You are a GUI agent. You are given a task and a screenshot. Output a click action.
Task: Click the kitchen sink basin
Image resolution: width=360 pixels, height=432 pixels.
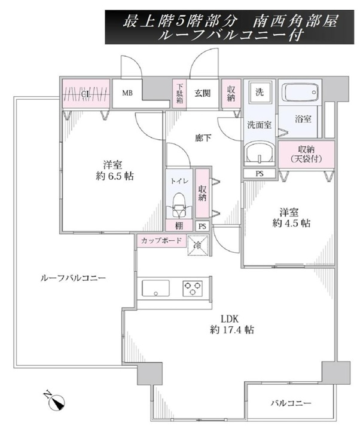pyautogui.click(x=155, y=288)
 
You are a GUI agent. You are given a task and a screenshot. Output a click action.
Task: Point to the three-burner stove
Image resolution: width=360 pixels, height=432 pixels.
pyautogui.click(x=193, y=289)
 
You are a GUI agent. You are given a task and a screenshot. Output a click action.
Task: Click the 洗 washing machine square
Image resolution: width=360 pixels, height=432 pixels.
pyautogui.click(x=260, y=93)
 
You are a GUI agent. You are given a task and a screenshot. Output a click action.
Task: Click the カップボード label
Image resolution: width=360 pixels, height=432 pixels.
pyautogui.click(x=161, y=241)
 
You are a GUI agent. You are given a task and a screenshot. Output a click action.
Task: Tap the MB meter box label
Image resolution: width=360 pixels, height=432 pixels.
pyautogui.click(x=127, y=93)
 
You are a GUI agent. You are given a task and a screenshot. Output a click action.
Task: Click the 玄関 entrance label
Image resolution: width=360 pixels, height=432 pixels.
pyautogui.click(x=203, y=93)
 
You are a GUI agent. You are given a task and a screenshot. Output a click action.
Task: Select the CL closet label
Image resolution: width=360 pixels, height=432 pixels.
pyautogui.click(x=86, y=94)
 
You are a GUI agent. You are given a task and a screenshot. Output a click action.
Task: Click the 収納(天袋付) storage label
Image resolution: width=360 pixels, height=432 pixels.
pyautogui.click(x=306, y=154)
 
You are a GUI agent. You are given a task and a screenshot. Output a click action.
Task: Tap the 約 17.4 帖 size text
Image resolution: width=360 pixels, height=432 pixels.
pyautogui.click(x=232, y=329)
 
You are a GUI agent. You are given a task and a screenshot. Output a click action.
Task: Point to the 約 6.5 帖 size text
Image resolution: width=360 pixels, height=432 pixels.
pyautogui.click(x=114, y=176)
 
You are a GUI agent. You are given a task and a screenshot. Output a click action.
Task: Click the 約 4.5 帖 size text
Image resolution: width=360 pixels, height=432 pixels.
pyautogui.click(x=291, y=223)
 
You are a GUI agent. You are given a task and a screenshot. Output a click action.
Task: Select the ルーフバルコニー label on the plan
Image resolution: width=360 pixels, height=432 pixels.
pyautogui.click(x=73, y=278)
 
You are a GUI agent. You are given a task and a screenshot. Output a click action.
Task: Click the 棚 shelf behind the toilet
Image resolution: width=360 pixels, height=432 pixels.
pyautogui.click(x=179, y=226)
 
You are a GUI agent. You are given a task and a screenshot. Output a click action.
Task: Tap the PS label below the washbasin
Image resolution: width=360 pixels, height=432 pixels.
pyautogui.click(x=260, y=173)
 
